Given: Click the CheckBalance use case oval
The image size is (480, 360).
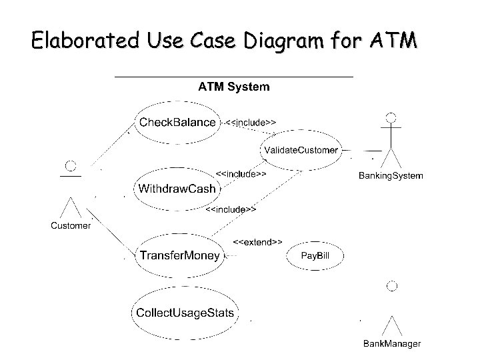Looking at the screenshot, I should (x=177, y=122).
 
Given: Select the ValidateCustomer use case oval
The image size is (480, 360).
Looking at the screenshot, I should (x=301, y=150).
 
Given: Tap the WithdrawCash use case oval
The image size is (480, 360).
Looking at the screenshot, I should (x=177, y=189).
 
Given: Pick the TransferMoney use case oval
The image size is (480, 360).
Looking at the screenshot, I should (x=179, y=255).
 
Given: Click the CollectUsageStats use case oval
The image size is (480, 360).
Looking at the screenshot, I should (x=185, y=313).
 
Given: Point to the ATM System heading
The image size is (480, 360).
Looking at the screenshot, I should (x=234, y=87).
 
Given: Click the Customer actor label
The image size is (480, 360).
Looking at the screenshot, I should (x=71, y=225).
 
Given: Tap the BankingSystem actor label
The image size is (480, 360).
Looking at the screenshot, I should (x=391, y=176).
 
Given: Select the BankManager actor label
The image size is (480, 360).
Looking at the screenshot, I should (x=391, y=344).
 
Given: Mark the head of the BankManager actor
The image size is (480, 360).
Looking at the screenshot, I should (x=392, y=286).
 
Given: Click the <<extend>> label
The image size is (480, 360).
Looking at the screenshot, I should (x=257, y=241).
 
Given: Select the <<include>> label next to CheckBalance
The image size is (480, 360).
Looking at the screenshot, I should (x=251, y=123).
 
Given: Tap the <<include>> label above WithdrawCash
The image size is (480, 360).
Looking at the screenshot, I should (x=240, y=173).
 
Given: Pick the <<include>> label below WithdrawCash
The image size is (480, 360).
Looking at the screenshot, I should (x=231, y=209).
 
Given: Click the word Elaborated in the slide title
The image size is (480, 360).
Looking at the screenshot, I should (x=75, y=41).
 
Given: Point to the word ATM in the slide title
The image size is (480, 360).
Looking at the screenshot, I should (x=391, y=41).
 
